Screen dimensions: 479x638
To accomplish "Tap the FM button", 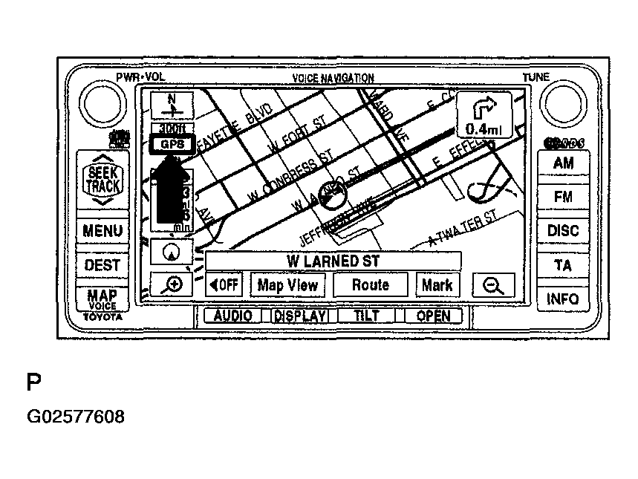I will click(x=563, y=197).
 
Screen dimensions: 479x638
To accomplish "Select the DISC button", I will click(x=563, y=231).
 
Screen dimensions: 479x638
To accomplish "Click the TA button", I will click(x=563, y=265).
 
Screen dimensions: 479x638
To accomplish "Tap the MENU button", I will click(x=102, y=231).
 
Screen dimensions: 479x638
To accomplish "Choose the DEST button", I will click(x=102, y=265).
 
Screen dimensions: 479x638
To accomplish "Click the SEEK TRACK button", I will click(x=102, y=180).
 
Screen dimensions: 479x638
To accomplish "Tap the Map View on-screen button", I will click(x=287, y=285).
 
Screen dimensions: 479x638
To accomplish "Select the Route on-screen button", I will click(x=370, y=285).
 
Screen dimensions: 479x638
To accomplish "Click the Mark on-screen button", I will click(x=437, y=285).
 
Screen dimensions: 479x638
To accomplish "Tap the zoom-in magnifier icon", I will click(x=172, y=285).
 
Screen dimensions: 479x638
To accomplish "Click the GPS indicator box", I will click(x=171, y=145).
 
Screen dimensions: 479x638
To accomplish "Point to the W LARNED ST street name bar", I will click(x=333, y=261).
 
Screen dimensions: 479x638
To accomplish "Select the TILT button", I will click(x=367, y=316).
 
